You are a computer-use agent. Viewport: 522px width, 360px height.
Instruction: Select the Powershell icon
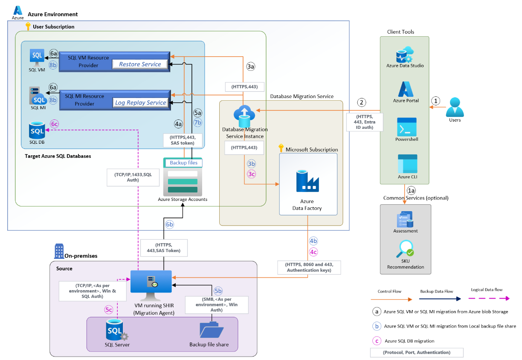pyautogui.click(x=406, y=127)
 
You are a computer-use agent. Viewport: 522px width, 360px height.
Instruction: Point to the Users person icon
pyautogui.click(x=455, y=107)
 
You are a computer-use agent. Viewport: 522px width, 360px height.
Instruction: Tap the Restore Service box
pyautogui.click(x=140, y=64)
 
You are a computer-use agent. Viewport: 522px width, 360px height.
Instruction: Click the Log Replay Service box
pyautogui.click(x=140, y=103)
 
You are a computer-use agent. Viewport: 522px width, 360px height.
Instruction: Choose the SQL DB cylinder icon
pyautogui.click(x=37, y=131)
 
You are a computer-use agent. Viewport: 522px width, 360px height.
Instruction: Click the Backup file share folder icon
pyautogui.click(x=212, y=330)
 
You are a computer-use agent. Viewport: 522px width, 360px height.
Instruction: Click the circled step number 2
pyautogui.click(x=362, y=102)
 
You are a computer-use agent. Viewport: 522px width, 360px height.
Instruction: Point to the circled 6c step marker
pyautogui.click(x=54, y=124)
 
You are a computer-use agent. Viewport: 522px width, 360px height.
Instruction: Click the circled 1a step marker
pyautogui.click(x=411, y=190)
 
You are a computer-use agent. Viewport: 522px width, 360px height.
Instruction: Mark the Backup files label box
pyautogui.click(x=183, y=163)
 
